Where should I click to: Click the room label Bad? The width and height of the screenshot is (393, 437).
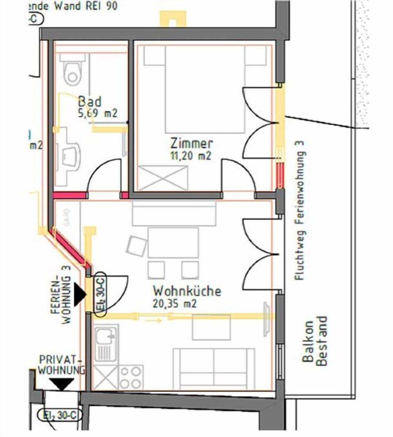(x=90, y=101)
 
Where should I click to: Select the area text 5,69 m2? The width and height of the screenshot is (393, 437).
(x=97, y=113)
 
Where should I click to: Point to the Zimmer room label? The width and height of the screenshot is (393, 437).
(x=192, y=143)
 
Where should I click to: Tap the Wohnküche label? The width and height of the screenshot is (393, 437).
(x=187, y=291)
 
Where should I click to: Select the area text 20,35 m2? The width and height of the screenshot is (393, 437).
(x=175, y=303)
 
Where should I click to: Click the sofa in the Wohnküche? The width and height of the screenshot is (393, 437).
(x=214, y=369)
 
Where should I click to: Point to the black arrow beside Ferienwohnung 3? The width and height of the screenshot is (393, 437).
(x=79, y=294)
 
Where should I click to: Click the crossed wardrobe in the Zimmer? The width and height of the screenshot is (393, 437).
(x=163, y=178)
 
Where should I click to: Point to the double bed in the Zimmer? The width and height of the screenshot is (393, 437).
(x=205, y=89)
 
